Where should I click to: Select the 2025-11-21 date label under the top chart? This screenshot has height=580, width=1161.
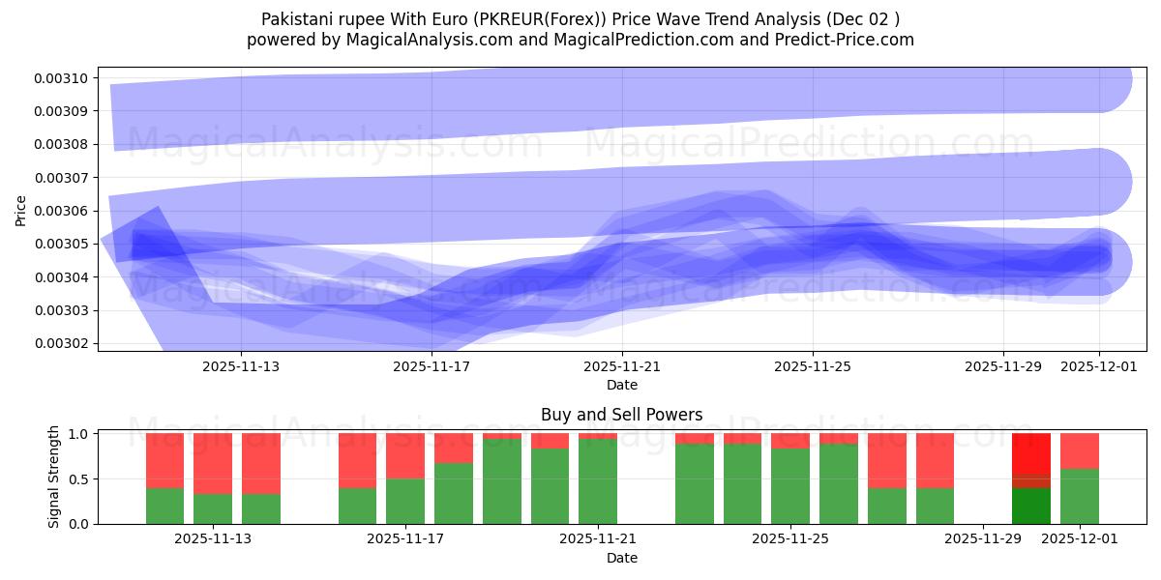[x=622, y=366]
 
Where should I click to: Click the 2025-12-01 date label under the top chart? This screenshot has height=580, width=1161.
[x=1099, y=366]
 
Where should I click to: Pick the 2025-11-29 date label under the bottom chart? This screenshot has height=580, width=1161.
[x=983, y=539]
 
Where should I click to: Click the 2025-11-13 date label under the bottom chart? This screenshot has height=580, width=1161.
[x=213, y=539]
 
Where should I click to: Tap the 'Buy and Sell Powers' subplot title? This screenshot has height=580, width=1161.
[x=621, y=415]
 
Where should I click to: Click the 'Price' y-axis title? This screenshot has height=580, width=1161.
[x=21, y=210]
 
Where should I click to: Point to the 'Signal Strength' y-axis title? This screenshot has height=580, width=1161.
[x=54, y=477]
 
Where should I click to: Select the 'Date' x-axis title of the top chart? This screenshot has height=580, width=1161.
[x=621, y=385]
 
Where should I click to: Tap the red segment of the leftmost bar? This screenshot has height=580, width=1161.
[x=165, y=460]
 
